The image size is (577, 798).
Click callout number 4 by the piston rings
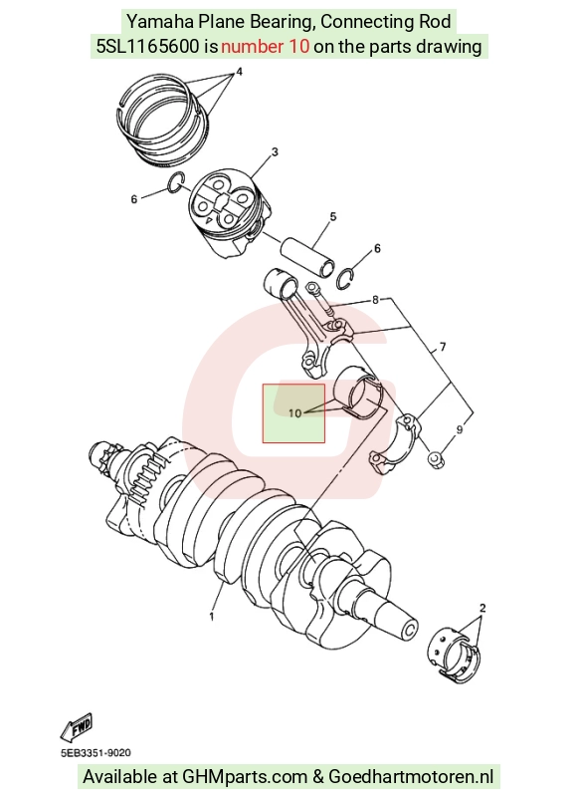240,72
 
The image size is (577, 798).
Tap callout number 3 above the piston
275,151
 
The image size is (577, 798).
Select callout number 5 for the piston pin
333,217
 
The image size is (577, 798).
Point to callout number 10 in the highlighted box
294,413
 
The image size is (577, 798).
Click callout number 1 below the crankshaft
212,617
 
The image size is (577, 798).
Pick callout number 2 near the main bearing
482,608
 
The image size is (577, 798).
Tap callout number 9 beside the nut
460,430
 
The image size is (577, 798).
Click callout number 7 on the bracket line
443,347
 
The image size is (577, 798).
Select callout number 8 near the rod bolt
375,300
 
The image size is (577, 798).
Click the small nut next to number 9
436,459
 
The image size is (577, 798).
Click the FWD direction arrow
77,727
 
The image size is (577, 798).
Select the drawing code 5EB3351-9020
96,753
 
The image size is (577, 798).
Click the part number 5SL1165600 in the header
147,47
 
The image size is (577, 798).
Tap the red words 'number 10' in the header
265,47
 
